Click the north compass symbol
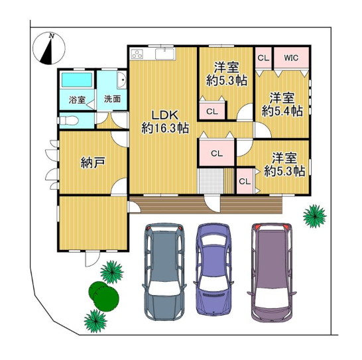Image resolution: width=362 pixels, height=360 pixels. click(49, 48)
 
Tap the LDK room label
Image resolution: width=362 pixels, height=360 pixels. click(165, 115)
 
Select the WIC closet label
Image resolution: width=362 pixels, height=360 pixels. click(291, 58)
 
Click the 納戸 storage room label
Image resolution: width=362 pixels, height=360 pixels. click(93, 162)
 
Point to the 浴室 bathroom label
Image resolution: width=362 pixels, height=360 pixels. click(77, 100)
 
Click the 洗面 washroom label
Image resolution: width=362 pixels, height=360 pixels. click(113, 99)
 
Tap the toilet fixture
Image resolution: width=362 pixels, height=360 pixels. click(68, 120)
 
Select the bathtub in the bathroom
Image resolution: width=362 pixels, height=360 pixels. click(77, 80)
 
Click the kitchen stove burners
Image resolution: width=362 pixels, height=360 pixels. click(137, 54)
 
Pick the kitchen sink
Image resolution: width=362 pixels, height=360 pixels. click(165, 54)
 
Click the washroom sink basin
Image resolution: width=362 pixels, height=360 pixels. click(121, 80)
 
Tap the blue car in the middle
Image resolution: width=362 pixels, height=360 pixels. click(213, 269)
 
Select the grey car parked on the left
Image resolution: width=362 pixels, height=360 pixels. click(164, 272)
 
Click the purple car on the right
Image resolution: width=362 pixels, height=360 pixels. click(272, 272)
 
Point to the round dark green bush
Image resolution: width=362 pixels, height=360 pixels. click(104, 296)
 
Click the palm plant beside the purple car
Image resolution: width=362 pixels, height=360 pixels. click(314, 216)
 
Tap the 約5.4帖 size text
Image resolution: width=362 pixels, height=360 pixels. click(282, 111)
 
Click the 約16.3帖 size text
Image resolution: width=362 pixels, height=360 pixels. click(165, 128)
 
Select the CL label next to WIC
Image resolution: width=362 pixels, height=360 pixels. click(263, 58)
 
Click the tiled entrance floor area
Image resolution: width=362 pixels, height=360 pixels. click(211, 181)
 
